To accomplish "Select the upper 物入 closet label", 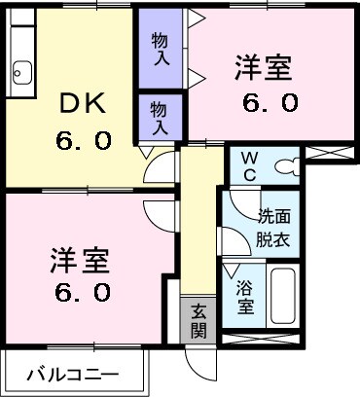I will pos(160,49).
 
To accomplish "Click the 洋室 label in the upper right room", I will pos(264,70).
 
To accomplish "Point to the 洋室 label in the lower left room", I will pos(80,260).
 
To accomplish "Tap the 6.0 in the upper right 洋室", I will pos(264,101).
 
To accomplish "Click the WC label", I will pos(245,165).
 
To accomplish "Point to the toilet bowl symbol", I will pos(286,166).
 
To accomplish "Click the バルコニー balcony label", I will pos(72,373).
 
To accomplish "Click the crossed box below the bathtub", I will pos(269,340).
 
